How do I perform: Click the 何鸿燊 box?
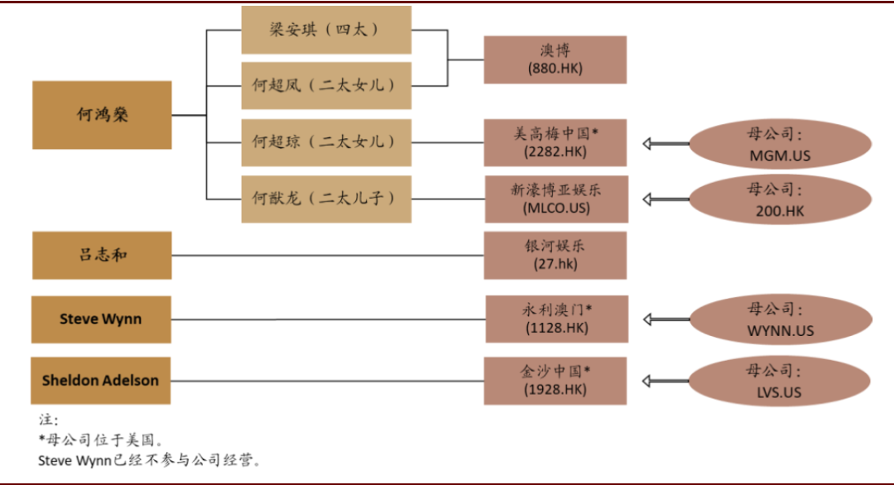[102, 115]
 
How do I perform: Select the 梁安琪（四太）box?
[326, 30]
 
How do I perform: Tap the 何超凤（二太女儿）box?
[326, 85]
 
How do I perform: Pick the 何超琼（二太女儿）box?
[326, 142]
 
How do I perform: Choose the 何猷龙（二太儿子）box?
[326, 199]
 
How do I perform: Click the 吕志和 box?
[102, 256]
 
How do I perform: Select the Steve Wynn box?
[102, 319]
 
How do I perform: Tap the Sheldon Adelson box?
[102, 381]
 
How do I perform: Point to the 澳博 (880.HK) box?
[555, 60]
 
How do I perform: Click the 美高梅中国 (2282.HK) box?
[555, 142]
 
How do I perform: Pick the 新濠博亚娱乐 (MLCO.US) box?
[555, 199]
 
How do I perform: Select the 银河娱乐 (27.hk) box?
[555, 256]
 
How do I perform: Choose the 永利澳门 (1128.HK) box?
[555, 319]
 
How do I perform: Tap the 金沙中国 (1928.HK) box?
[555, 381]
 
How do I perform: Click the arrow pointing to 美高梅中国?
[666, 144]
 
